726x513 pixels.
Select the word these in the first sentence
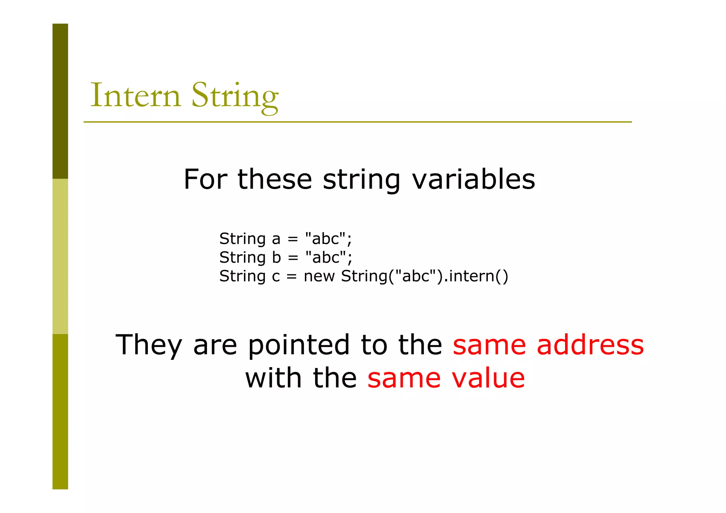(274, 179)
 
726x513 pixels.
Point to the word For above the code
(205, 179)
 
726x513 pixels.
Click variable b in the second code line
(276, 257)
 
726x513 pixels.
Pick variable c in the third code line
(276, 277)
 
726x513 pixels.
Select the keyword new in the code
(319, 277)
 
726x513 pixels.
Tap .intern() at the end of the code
(476, 277)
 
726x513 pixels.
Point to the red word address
(590, 345)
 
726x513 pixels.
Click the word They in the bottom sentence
(149, 345)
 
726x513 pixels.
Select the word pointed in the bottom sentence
(298, 345)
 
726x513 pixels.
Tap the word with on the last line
(273, 378)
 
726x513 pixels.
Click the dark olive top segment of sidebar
(60, 101)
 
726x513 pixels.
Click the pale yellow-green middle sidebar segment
(60, 256)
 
